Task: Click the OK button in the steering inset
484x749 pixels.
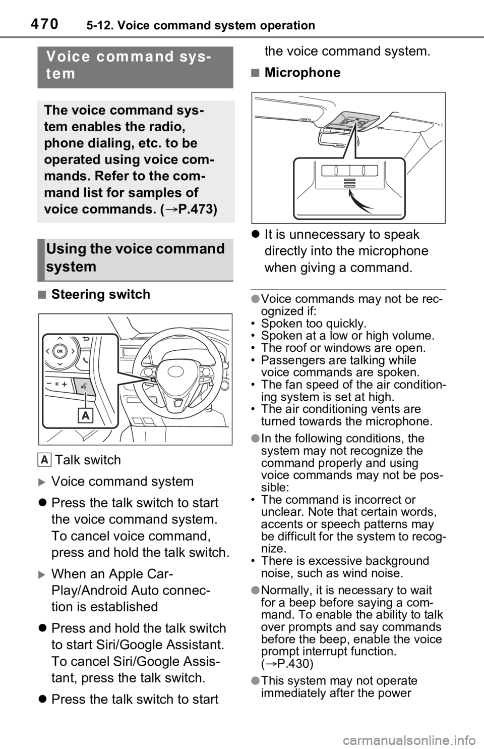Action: (60, 350)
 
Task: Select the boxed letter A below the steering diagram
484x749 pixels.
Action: (45, 460)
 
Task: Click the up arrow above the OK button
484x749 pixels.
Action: (60, 338)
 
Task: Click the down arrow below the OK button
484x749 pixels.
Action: (60, 363)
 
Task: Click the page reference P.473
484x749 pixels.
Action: (194, 209)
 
